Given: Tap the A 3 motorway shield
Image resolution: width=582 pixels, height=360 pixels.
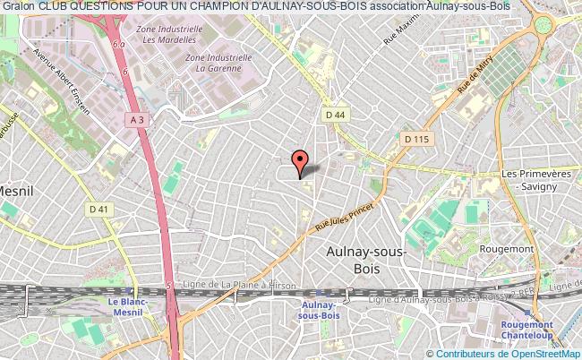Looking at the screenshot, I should tap(136, 118).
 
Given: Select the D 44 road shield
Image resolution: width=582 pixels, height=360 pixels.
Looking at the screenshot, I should tap(335, 115).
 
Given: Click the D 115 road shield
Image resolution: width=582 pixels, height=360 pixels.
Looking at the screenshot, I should tap(417, 139).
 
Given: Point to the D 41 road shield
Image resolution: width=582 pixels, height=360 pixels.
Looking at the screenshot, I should tap(98, 210).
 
